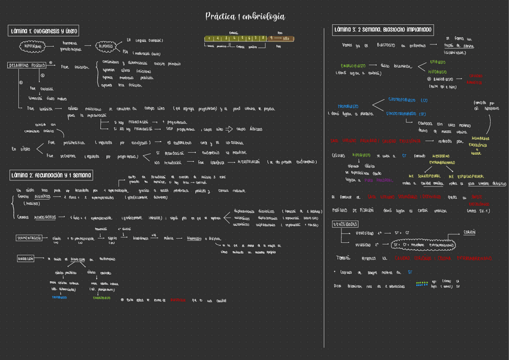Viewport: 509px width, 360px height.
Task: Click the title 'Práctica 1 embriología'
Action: [x=245, y=16]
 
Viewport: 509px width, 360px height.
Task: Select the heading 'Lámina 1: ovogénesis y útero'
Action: [x=44, y=30]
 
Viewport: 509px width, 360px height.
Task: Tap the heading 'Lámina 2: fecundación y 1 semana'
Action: [x=51, y=175]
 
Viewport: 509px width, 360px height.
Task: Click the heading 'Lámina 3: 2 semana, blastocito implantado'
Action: [x=383, y=29]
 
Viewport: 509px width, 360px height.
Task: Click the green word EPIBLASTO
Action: [x=438, y=62]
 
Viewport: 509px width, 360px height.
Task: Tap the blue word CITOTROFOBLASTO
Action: [x=408, y=100]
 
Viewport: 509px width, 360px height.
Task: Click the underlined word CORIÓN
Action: [x=469, y=232]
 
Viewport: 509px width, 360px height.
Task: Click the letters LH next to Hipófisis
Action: [x=128, y=40]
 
